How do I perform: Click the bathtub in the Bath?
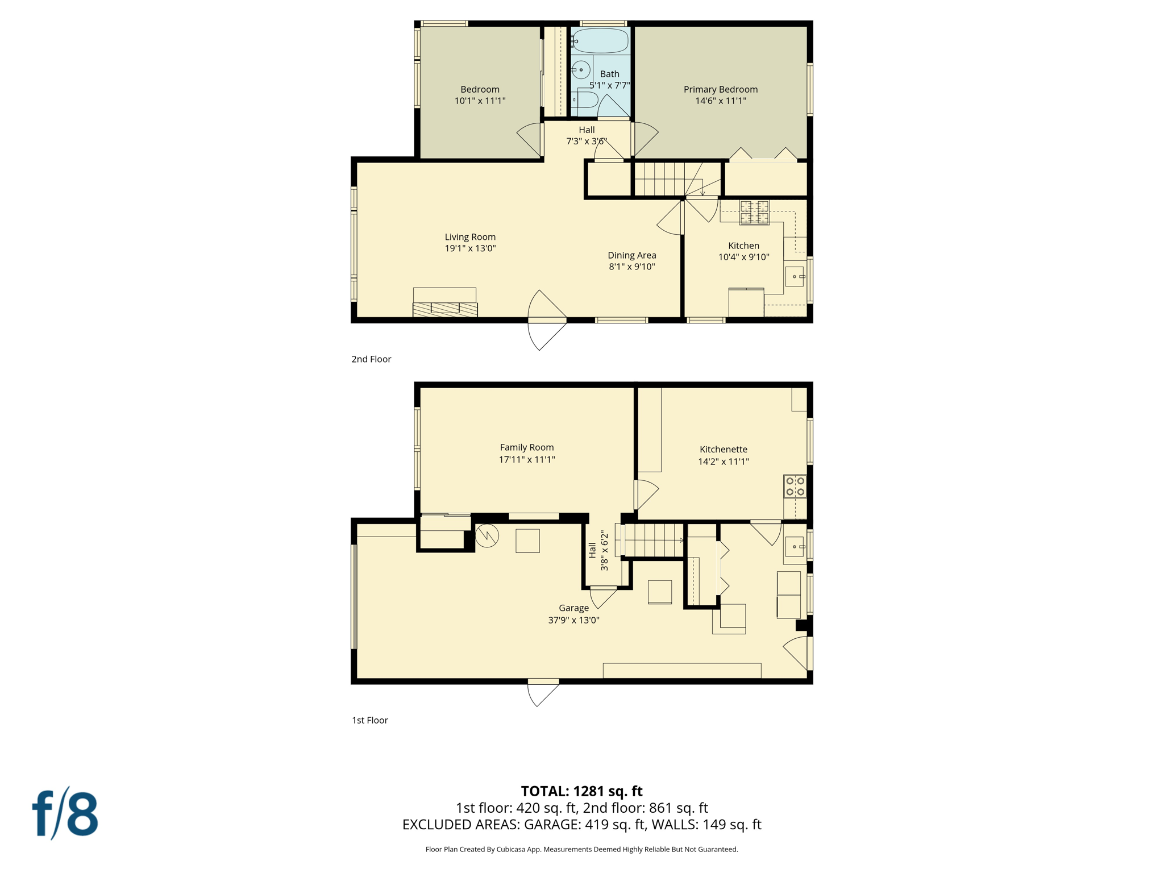point(600,41)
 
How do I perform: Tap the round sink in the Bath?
point(581,70)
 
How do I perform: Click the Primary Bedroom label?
point(720,89)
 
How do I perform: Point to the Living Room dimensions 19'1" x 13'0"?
point(470,248)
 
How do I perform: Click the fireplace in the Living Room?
point(445,303)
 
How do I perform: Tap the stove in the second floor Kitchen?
point(754,213)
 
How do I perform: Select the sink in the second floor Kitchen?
point(794,277)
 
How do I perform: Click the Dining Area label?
point(631,255)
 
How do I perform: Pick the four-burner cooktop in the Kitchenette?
point(795,487)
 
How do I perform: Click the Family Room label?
point(526,447)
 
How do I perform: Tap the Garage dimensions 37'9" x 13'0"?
point(573,620)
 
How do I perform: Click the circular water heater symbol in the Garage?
point(487,535)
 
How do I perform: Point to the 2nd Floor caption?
point(371,359)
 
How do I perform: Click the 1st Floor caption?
point(369,720)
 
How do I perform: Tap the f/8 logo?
point(65,814)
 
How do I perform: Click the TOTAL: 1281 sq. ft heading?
point(581,791)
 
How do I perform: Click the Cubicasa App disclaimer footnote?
point(581,849)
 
